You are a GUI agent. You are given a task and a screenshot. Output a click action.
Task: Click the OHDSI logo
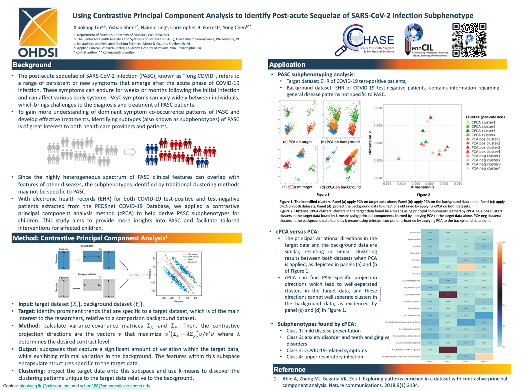click(x=38, y=32)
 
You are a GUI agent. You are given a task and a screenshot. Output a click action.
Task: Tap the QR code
click(x=469, y=40)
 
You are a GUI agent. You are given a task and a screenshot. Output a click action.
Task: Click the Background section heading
click(x=32, y=65)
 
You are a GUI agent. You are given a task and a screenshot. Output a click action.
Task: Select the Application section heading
click(x=287, y=65)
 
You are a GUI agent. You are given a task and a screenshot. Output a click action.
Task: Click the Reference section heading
click(x=289, y=370)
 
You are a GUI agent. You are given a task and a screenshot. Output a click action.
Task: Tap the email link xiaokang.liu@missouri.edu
click(x=45, y=386)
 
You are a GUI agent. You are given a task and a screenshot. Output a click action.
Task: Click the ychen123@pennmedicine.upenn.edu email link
click(x=115, y=386)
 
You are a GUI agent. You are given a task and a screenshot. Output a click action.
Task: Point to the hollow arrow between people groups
click(x=130, y=152)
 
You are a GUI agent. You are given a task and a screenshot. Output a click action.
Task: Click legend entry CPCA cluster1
click(x=483, y=122)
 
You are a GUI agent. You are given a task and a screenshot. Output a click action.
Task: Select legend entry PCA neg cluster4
click(x=486, y=168)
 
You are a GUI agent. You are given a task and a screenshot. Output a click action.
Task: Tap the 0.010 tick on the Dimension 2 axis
click(x=378, y=108)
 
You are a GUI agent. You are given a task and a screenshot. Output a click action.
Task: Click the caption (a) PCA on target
click(x=297, y=142)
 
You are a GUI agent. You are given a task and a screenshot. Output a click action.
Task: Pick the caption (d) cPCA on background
click(x=340, y=187)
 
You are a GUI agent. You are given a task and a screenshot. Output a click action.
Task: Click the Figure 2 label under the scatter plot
click(x=423, y=195)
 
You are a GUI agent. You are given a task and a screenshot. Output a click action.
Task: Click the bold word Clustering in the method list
click(x=31, y=371)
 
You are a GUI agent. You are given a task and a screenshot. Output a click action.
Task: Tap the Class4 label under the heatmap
click(x=484, y=361)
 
